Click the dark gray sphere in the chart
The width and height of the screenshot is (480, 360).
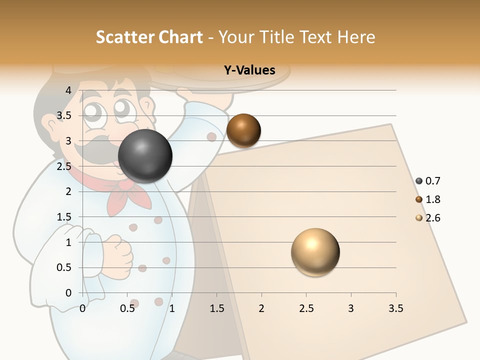pyautogui.click(x=145, y=156)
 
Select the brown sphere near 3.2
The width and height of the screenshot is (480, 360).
pyautogui.click(x=243, y=130)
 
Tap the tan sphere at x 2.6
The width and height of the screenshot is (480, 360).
pyautogui.click(x=315, y=252)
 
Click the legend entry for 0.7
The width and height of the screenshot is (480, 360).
pyautogui.click(x=428, y=181)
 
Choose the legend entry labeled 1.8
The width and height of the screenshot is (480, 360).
pyautogui.click(x=428, y=199)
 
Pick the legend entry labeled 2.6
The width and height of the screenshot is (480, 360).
pyautogui.click(x=428, y=218)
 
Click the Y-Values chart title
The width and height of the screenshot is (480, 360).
pyautogui.click(x=249, y=70)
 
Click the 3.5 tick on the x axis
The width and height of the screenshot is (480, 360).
pyautogui.click(x=395, y=308)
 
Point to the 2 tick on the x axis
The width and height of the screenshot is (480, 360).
pyautogui.click(x=261, y=308)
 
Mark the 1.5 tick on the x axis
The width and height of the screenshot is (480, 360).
pyautogui.click(x=216, y=308)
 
